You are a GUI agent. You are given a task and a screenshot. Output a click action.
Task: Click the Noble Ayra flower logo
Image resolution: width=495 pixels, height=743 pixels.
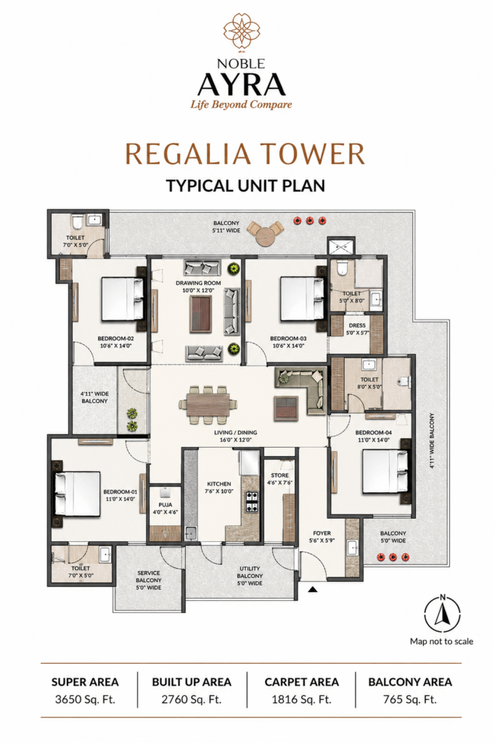tap(242, 31)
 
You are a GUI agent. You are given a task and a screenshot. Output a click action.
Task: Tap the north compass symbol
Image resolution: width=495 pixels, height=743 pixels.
tap(442, 613)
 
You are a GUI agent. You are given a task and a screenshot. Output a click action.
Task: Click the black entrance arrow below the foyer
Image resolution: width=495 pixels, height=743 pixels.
tap(312, 589)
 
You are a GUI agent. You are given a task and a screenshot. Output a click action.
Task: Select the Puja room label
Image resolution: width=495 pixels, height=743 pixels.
tap(165, 509)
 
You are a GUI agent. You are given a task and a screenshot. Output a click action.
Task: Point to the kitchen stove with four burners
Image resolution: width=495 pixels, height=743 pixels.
tap(251, 502)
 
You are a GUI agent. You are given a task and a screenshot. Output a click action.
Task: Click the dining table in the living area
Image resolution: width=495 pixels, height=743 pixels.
tap(208, 404)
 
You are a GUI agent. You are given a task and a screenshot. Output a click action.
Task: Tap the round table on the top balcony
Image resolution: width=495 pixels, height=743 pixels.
tap(265, 234)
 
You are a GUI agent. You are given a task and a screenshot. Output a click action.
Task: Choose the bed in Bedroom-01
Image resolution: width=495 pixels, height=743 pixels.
tap(76, 493)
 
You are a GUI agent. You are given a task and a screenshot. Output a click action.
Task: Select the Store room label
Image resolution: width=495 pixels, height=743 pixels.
tap(279, 479)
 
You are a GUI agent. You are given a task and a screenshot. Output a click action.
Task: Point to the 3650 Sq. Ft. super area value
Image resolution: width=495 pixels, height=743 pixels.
tap(85, 699)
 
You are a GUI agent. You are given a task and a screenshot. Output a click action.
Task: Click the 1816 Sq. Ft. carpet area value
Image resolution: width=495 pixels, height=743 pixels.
tap(301, 699)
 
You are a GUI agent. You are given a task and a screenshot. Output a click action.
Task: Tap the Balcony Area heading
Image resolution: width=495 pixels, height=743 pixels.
tap(410, 682)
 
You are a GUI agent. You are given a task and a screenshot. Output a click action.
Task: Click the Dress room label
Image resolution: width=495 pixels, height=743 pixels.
tap(357, 329)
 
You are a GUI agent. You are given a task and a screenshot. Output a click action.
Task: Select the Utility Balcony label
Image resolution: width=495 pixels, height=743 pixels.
tap(250, 575)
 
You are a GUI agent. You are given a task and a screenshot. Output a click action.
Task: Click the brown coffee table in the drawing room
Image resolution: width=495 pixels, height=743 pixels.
tap(200, 313)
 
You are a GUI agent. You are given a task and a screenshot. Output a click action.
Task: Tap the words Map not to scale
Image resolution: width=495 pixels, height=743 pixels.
tap(441, 641)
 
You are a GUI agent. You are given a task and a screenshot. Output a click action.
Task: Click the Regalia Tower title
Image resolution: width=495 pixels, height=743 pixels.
tap(245, 154)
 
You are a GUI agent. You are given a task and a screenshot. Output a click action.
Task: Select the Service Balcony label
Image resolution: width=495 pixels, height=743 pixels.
tap(149, 580)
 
